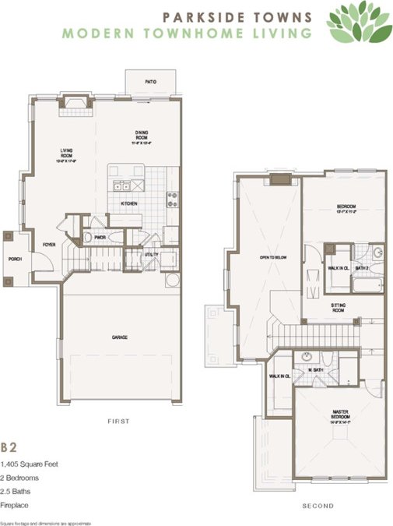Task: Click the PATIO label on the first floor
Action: point(151,80)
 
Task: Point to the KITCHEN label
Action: point(129,204)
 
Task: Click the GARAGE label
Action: point(119,337)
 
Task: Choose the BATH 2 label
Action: point(362,269)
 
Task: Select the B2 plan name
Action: point(9,448)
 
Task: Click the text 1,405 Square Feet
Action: point(30,464)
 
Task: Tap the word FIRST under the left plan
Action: point(118,421)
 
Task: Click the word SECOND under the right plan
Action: point(318,507)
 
